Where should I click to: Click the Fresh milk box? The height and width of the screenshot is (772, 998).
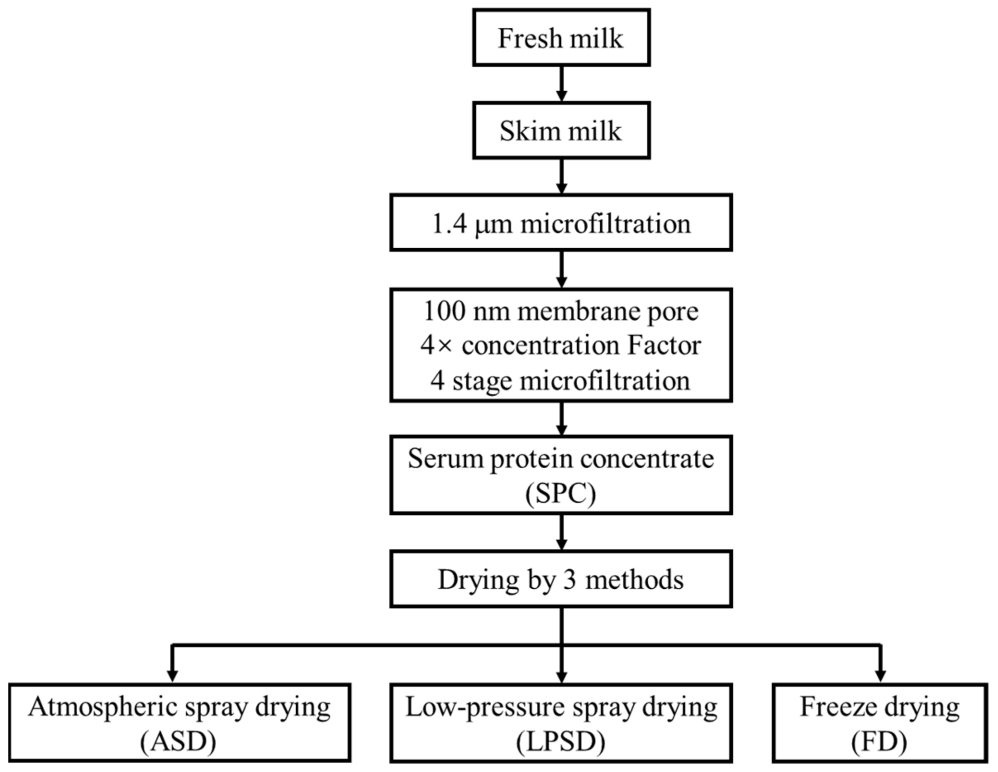561,38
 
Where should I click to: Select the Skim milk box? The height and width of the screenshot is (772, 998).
561,131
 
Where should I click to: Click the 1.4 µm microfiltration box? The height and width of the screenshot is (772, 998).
561,223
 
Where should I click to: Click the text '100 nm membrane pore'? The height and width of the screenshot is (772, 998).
561,312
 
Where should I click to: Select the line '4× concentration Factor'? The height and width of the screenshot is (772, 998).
561,346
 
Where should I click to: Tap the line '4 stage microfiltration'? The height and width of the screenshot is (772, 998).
561,381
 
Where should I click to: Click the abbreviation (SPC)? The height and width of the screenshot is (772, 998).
561,494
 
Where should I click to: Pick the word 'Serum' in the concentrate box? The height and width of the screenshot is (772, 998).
445,459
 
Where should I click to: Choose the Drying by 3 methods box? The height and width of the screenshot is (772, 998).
561,580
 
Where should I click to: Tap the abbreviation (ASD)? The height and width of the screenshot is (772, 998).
178,742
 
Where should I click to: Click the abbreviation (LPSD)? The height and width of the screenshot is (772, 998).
561,742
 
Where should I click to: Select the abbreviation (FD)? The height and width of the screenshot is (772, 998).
880,742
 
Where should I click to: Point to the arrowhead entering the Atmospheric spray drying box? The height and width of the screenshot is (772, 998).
172,675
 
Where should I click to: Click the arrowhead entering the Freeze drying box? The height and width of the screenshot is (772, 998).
880,675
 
